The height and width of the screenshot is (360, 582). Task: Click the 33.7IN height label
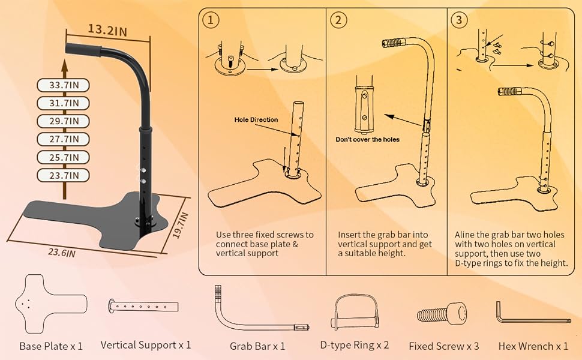click(x=63, y=85)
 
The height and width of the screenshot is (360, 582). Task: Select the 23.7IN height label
click(x=63, y=176)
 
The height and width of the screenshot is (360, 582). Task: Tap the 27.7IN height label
click(x=63, y=139)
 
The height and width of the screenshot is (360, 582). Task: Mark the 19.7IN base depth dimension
click(x=181, y=225)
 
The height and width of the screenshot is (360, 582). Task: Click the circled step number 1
click(x=210, y=20)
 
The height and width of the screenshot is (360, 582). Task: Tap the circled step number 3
click(x=459, y=20)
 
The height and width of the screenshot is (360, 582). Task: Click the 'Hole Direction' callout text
click(x=256, y=120)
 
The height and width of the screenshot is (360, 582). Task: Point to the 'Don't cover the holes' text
click(x=367, y=139)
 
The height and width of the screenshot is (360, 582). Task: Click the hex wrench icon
click(x=532, y=313)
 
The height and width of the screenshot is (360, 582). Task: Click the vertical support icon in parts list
click(x=144, y=306)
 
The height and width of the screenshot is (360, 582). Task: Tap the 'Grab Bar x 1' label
click(x=257, y=346)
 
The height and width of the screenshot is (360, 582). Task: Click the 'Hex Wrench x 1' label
click(x=533, y=346)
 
